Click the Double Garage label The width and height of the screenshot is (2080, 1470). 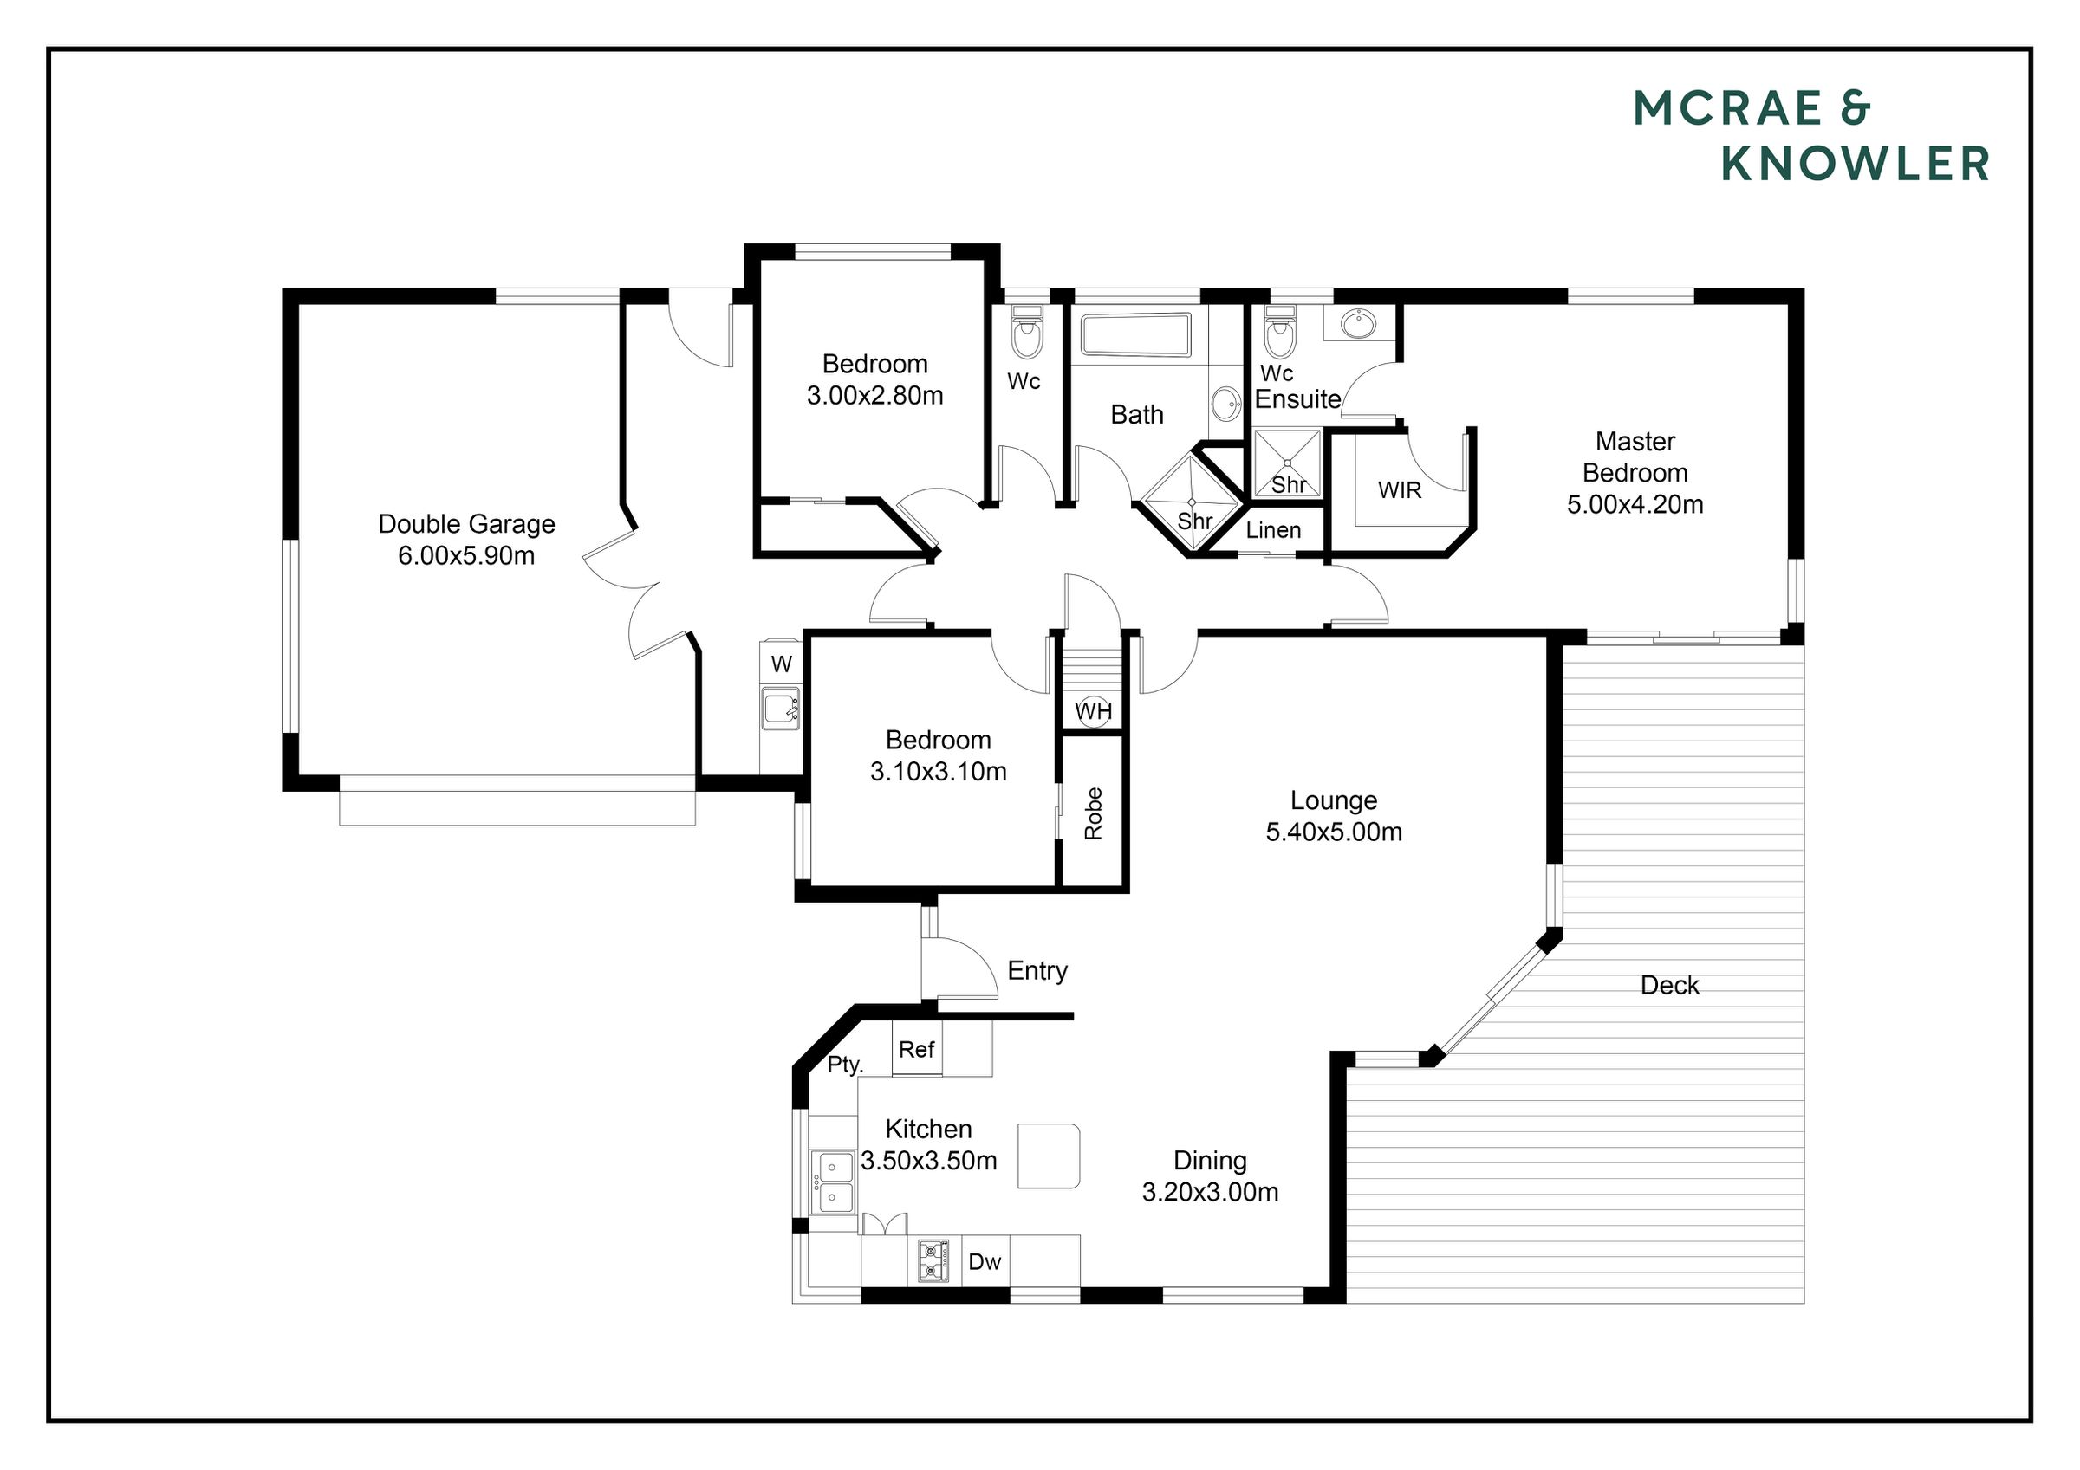pos(466,524)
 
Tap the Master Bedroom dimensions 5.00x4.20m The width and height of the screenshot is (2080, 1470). pos(1635,504)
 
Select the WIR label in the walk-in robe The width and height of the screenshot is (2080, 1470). pos(1400,490)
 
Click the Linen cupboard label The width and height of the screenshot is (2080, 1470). pos(1274,530)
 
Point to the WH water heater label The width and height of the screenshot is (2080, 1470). pos(1094,711)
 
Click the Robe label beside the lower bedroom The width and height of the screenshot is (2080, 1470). pos(1094,813)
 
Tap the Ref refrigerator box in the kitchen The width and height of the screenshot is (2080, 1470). pos(917,1049)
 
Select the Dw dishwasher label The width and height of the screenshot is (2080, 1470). pos(985,1262)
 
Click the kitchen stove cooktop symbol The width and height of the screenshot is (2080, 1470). pos(934,1260)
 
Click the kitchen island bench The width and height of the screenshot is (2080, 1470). pos(1049,1156)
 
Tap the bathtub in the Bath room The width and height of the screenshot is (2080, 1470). pos(1136,336)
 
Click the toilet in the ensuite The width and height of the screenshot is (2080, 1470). pos(1279,333)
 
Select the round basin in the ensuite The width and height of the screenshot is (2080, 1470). pos(1357,323)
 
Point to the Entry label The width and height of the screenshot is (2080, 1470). pos(1037,971)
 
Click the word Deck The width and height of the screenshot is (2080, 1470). pos(1669,986)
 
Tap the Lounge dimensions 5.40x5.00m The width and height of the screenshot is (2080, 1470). pos(1334,832)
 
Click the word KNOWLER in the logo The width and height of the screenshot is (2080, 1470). pos(1856,164)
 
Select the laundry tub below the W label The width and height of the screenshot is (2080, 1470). pos(781,709)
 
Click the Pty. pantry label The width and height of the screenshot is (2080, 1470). pos(845,1065)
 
